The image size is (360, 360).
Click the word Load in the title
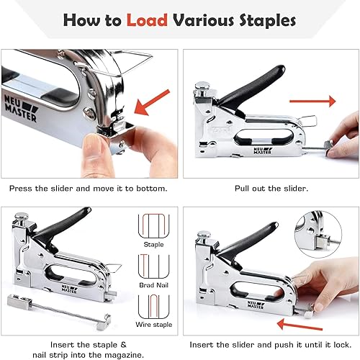click(148, 19)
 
